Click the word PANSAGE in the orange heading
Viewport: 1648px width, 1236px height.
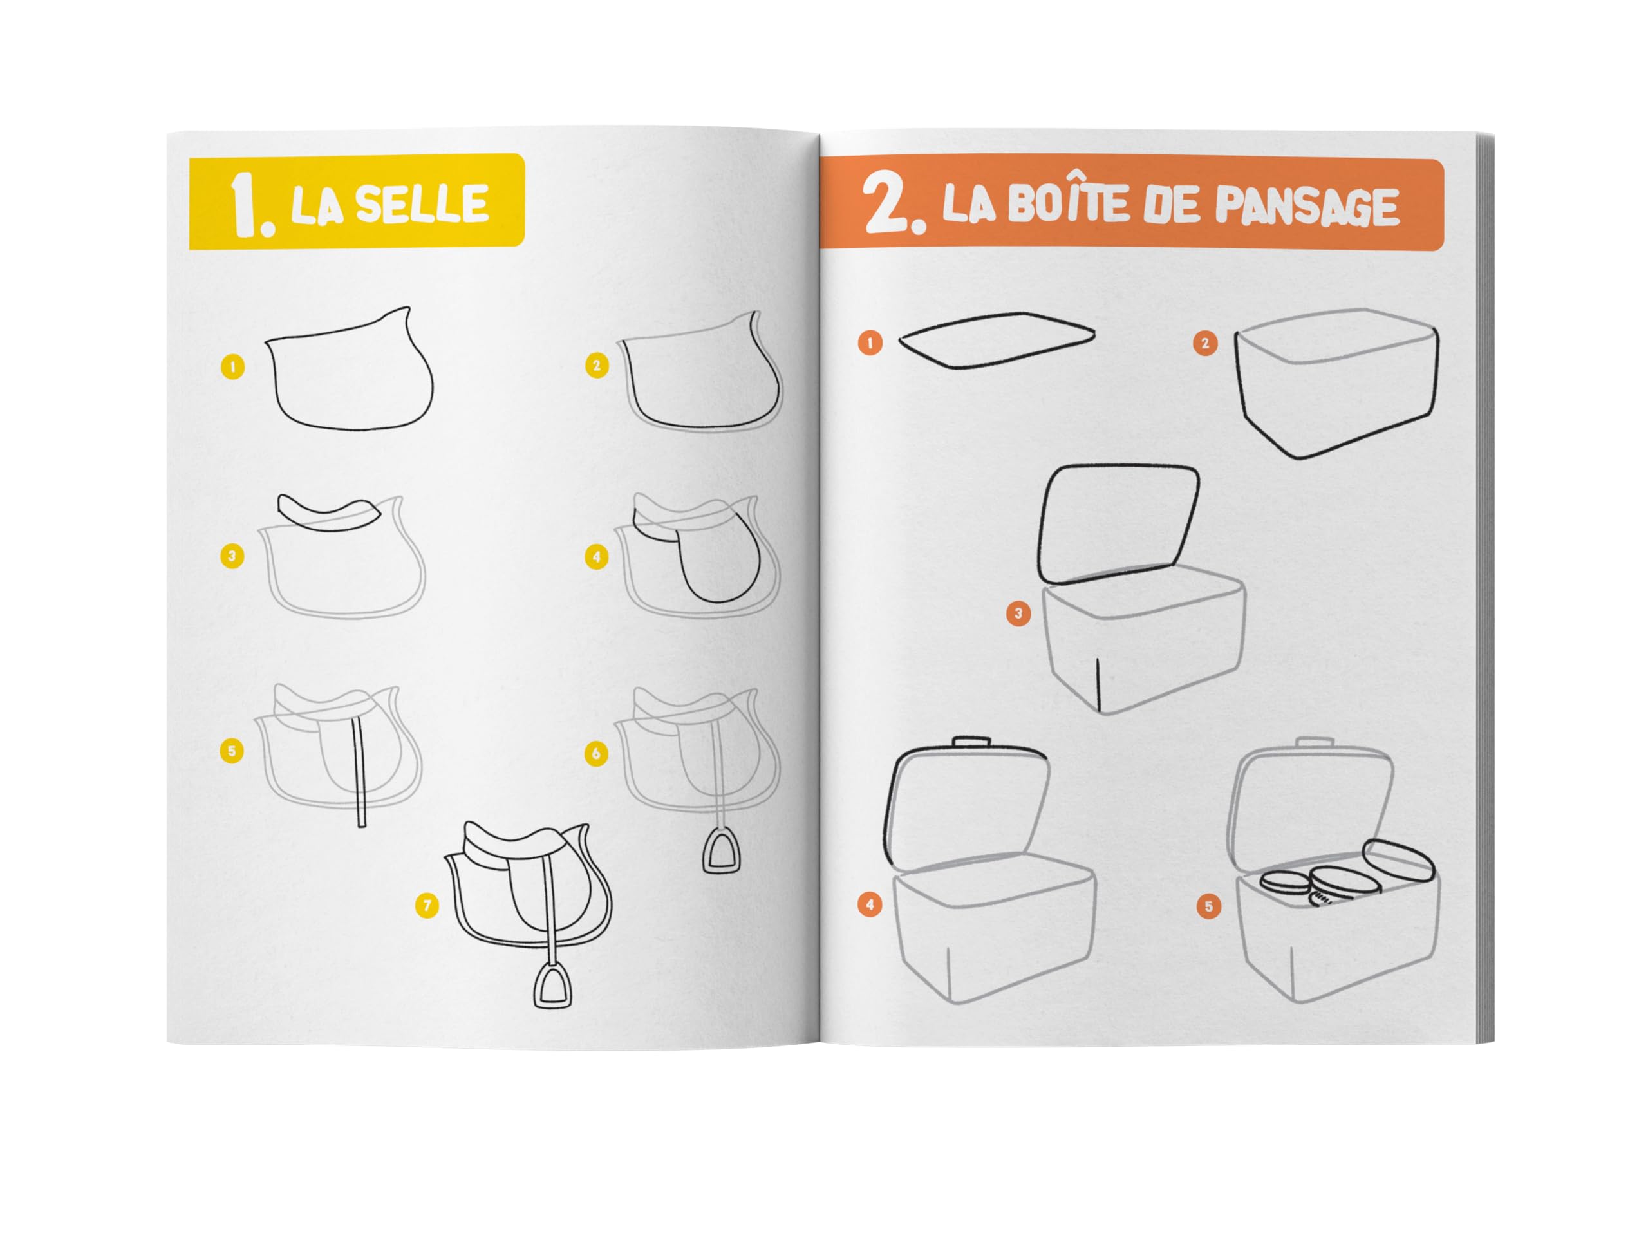click(x=1307, y=205)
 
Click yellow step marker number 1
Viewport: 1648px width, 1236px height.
click(x=233, y=366)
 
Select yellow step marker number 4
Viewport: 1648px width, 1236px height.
click(x=596, y=557)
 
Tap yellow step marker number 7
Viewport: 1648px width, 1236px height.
click(x=427, y=906)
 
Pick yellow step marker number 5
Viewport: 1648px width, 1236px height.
click(x=232, y=750)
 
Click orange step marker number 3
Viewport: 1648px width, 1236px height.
click(x=1018, y=614)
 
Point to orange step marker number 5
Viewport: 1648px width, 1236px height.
click(x=1208, y=906)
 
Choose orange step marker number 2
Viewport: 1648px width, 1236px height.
click(x=1204, y=344)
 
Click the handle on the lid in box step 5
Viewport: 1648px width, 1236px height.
click(x=1315, y=743)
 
